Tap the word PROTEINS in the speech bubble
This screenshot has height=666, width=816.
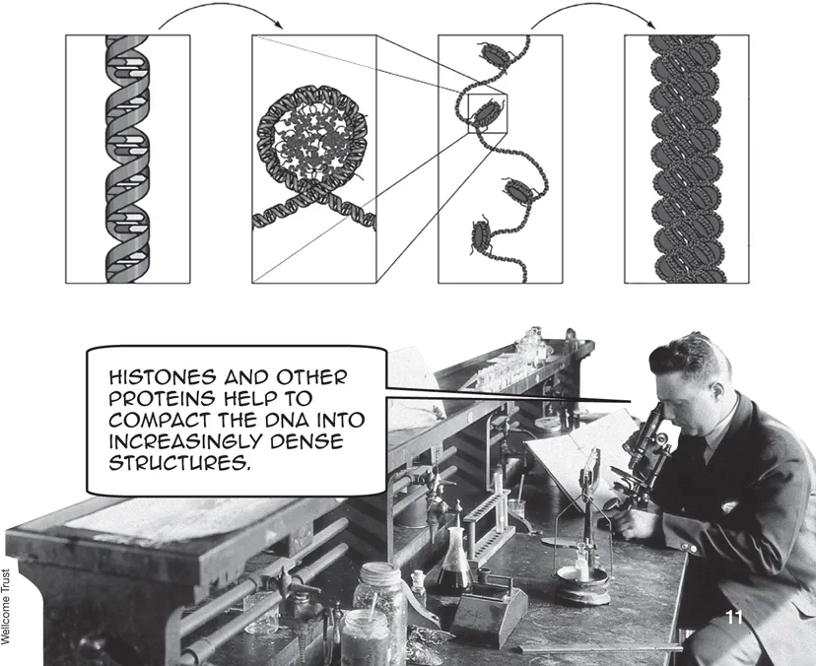coord(162,399)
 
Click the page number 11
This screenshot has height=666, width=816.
coord(734,618)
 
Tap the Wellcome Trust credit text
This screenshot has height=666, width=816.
coord(6,607)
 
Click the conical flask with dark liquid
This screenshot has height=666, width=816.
coord(455,561)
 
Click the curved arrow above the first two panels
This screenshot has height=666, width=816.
coord(221,15)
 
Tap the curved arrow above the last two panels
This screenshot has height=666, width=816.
coord(593,15)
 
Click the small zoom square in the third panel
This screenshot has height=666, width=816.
coord(488,113)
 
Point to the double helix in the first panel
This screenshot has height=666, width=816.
coord(128,160)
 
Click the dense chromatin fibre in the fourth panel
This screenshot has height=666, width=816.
coord(686,160)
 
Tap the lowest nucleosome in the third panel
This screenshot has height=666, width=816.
coord(481,236)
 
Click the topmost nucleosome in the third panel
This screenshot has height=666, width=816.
coord(495,55)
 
